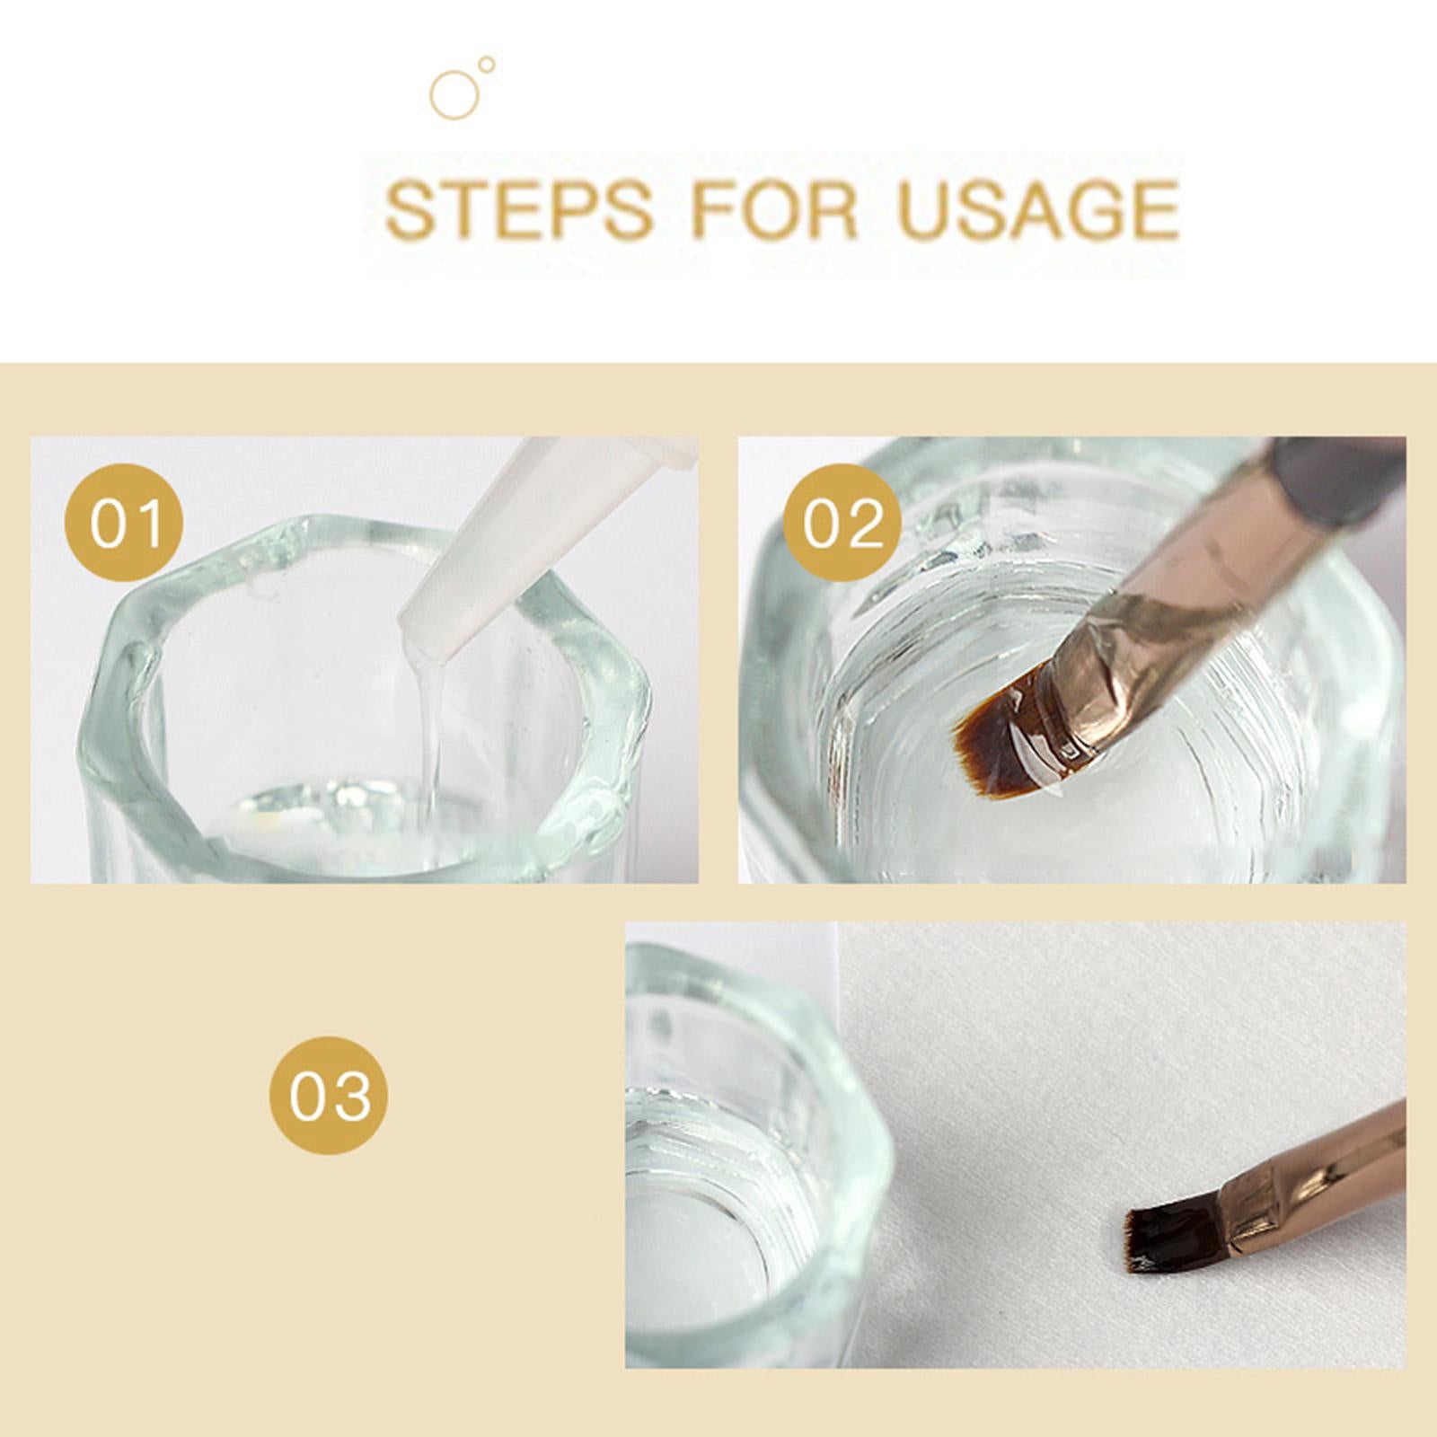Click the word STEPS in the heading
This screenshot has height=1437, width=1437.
[x=518, y=209]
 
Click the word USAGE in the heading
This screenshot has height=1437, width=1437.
[x=1038, y=209]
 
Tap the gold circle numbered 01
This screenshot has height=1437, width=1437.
[x=124, y=523]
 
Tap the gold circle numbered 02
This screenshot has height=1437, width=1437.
[x=842, y=523]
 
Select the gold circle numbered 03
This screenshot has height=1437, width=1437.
[x=329, y=1095]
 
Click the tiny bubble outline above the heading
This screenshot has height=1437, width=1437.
[x=487, y=64]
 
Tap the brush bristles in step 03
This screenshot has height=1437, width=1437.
[x=1159, y=1240]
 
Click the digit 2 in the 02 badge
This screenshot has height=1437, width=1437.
[x=863, y=524]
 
